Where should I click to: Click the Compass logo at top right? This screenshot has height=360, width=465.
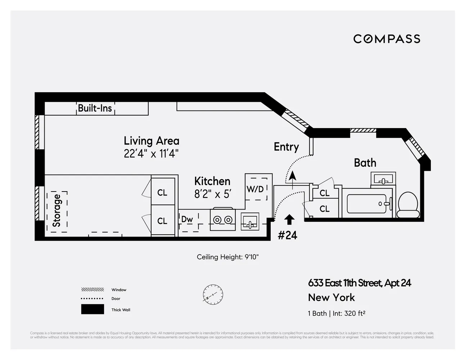(x=387, y=39)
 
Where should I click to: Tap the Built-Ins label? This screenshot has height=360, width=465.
(x=95, y=108)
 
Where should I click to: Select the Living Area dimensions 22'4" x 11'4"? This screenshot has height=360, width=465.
(x=151, y=154)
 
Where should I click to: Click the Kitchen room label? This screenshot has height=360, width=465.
(x=212, y=181)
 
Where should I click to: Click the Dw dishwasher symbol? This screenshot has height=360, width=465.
(x=188, y=220)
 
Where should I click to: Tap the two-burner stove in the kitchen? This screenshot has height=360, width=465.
(x=223, y=220)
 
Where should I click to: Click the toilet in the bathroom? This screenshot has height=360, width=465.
(x=408, y=205)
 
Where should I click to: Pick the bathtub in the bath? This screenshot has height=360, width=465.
(x=366, y=204)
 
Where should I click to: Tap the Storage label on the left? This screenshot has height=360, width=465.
(x=57, y=211)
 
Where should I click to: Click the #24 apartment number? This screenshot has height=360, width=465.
(x=288, y=235)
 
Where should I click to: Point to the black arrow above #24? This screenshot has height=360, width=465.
(x=289, y=220)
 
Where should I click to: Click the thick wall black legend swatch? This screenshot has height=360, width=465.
(x=92, y=310)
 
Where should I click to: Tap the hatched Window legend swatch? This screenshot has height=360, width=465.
(x=92, y=289)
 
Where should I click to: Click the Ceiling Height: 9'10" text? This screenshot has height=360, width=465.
(x=227, y=257)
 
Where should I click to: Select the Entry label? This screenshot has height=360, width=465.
(x=286, y=147)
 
